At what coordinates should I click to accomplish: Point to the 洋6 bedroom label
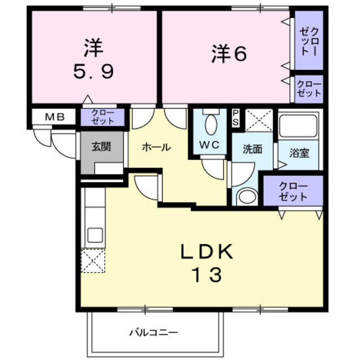(229, 54)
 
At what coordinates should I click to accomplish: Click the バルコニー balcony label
(153, 332)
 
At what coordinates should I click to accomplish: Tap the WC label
(210, 145)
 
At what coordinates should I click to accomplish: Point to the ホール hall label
(156, 147)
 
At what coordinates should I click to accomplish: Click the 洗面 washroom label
(252, 150)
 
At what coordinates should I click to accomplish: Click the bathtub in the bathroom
(298, 126)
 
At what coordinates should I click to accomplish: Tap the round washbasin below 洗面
(247, 197)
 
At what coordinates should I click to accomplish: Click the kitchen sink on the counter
(95, 234)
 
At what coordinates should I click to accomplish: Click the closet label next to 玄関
(103, 117)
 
